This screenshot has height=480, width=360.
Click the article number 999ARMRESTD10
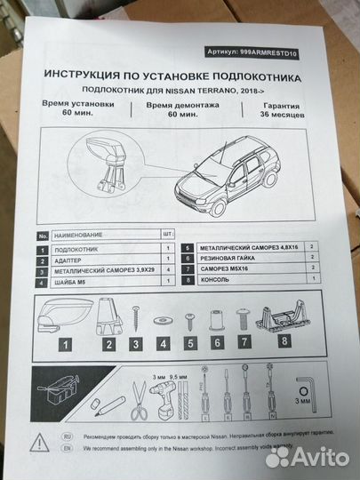pyautogui.click(x=264, y=52)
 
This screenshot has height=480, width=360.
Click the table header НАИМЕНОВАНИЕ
pyautogui.click(x=77, y=236)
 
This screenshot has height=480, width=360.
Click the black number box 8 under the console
pyautogui.click(x=284, y=341)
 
